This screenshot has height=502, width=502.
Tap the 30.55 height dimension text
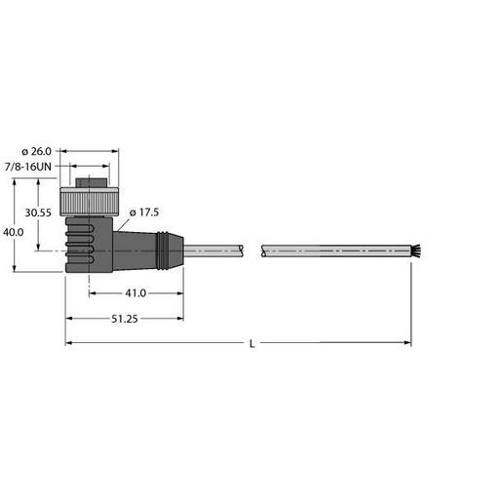click(x=37, y=212)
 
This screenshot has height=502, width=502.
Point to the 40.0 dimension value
click(x=13, y=233)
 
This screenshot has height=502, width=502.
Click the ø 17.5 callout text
click(x=142, y=212)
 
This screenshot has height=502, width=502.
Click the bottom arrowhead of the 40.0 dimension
click(x=16, y=269)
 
